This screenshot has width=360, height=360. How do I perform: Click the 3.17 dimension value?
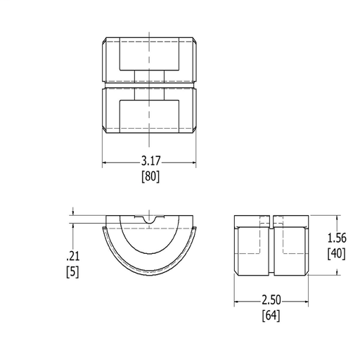pos(151,161)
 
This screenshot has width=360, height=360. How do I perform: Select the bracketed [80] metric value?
pos(150,176)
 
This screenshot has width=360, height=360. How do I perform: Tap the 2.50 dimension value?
pos(271,300)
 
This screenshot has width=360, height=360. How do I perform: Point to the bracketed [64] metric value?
pos(271,316)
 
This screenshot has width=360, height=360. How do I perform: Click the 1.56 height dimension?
pos(337,238)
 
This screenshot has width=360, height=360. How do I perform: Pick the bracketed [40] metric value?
pos(337,254)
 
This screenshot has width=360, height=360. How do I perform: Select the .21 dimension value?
pos(73,256)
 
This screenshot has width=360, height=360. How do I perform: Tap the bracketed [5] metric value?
pos(72,272)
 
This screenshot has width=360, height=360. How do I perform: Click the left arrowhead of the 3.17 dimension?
pos(105,162)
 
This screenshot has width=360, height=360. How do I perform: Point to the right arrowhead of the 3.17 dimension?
pos(193,162)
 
